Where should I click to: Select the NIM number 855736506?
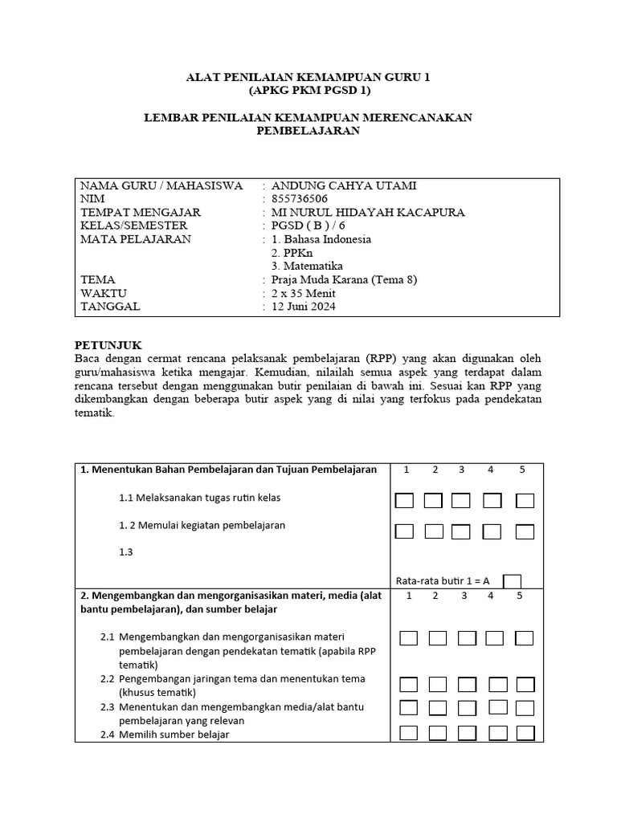pyautogui.click(x=299, y=199)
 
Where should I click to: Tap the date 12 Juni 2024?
pyautogui.click(x=304, y=307)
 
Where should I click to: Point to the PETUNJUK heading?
pyautogui.click(x=108, y=344)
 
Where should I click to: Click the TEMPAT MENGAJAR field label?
pyautogui.click(x=141, y=213)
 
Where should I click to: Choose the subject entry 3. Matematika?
pyautogui.click(x=308, y=267)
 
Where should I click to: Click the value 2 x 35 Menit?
pyautogui.click(x=304, y=293)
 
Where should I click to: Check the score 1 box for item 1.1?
pyautogui.click(x=404, y=501)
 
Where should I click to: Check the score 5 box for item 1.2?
pyautogui.click(x=525, y=531)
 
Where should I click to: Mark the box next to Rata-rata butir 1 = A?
pyautogui.click(x=511, y=580)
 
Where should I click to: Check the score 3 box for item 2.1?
pyautogui.click(x=468, y=638)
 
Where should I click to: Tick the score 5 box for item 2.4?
pyautogui.click(x=525, y=733)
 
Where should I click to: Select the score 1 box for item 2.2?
pyautogui.click(x=409, y=685)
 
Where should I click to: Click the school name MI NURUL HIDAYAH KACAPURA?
pyautogui.click(x=369, y=213)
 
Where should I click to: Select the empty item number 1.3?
pyautogui.click(x=125, y=552)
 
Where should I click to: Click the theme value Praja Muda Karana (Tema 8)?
pyautogui.click(x=345, y=280)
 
